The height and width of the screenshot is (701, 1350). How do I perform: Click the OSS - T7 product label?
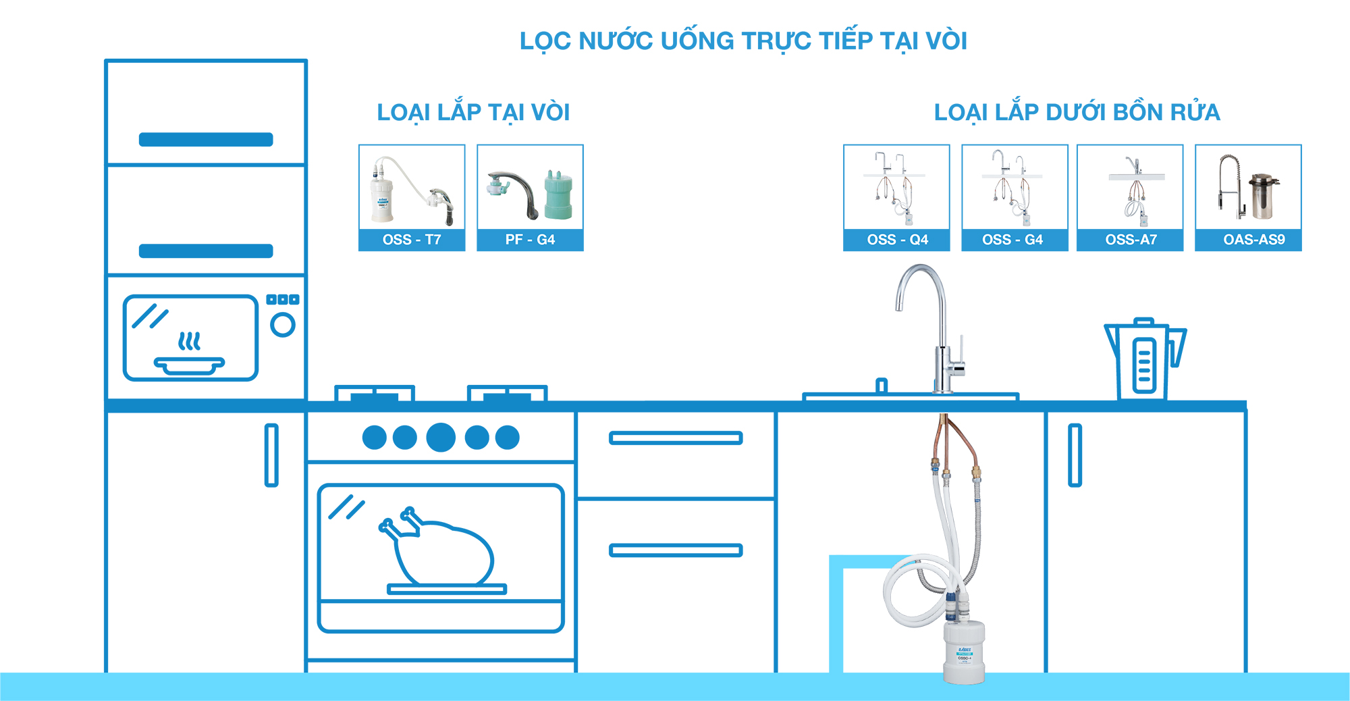coord(412,240)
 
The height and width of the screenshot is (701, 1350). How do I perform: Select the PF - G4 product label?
coord(530,240)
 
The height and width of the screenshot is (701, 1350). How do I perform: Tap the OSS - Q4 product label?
coord(897,240)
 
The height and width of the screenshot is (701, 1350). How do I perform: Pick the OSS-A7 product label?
coord(1131,240)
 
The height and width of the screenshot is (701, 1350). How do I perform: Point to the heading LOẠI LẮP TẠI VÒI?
coord(473,112)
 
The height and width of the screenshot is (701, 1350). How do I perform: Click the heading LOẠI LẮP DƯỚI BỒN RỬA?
coord(1077,112)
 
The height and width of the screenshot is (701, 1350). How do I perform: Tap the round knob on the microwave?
coord(283,326)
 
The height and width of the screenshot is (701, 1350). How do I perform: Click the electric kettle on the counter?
coord(1144,359)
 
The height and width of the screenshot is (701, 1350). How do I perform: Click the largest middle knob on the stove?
coord(441,437)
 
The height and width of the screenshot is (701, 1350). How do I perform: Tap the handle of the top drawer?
coord(676,438)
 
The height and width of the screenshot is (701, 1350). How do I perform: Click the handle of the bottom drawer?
coord(676,550)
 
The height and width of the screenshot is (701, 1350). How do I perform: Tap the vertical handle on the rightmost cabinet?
coord(1075,455)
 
